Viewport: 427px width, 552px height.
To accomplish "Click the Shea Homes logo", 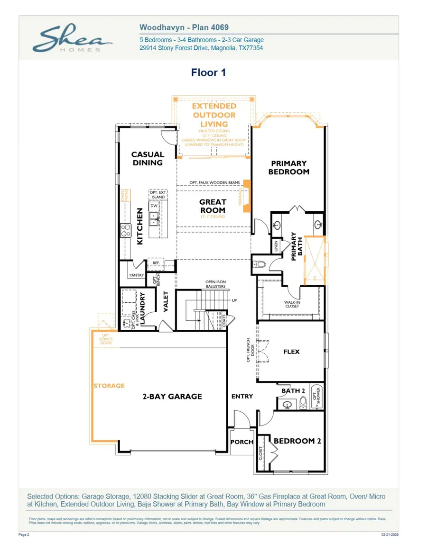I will point(72,39).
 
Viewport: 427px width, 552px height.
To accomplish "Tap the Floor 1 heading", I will point(208,72).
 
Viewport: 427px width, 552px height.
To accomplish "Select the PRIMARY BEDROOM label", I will point(288,168).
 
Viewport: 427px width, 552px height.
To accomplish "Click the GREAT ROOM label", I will point(213,206).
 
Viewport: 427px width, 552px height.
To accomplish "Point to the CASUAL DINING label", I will point(147,158).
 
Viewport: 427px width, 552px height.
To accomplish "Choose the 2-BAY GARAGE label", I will point(172,397).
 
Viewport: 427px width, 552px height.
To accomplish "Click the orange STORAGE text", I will point(109,386).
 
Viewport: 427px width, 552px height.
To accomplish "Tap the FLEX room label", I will point(291,352).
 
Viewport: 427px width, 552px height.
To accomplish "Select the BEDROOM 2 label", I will point(297,441).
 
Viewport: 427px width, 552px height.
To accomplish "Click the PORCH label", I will point(242,442).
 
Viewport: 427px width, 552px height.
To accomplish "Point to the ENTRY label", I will point(242,396).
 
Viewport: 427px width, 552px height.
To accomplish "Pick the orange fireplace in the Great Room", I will point(246,192).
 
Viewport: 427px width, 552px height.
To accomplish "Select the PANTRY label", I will point(137,275).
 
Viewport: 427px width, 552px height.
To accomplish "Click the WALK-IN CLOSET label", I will point(292,304).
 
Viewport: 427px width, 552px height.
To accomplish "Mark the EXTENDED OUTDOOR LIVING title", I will point(214,115).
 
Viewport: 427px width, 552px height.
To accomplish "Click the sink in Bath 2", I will point(287,404).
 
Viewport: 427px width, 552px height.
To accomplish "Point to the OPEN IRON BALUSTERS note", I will point(215,284).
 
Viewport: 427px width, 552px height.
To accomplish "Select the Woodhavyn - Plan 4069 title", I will point(184,28).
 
